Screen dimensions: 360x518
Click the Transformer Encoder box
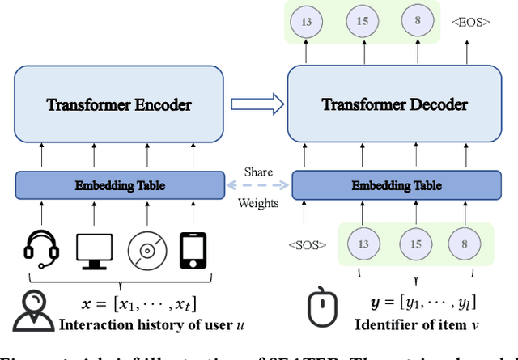tap(118, 104)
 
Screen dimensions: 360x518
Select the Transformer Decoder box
tap(394, 104)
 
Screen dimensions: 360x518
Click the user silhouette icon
tap(32, 311)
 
